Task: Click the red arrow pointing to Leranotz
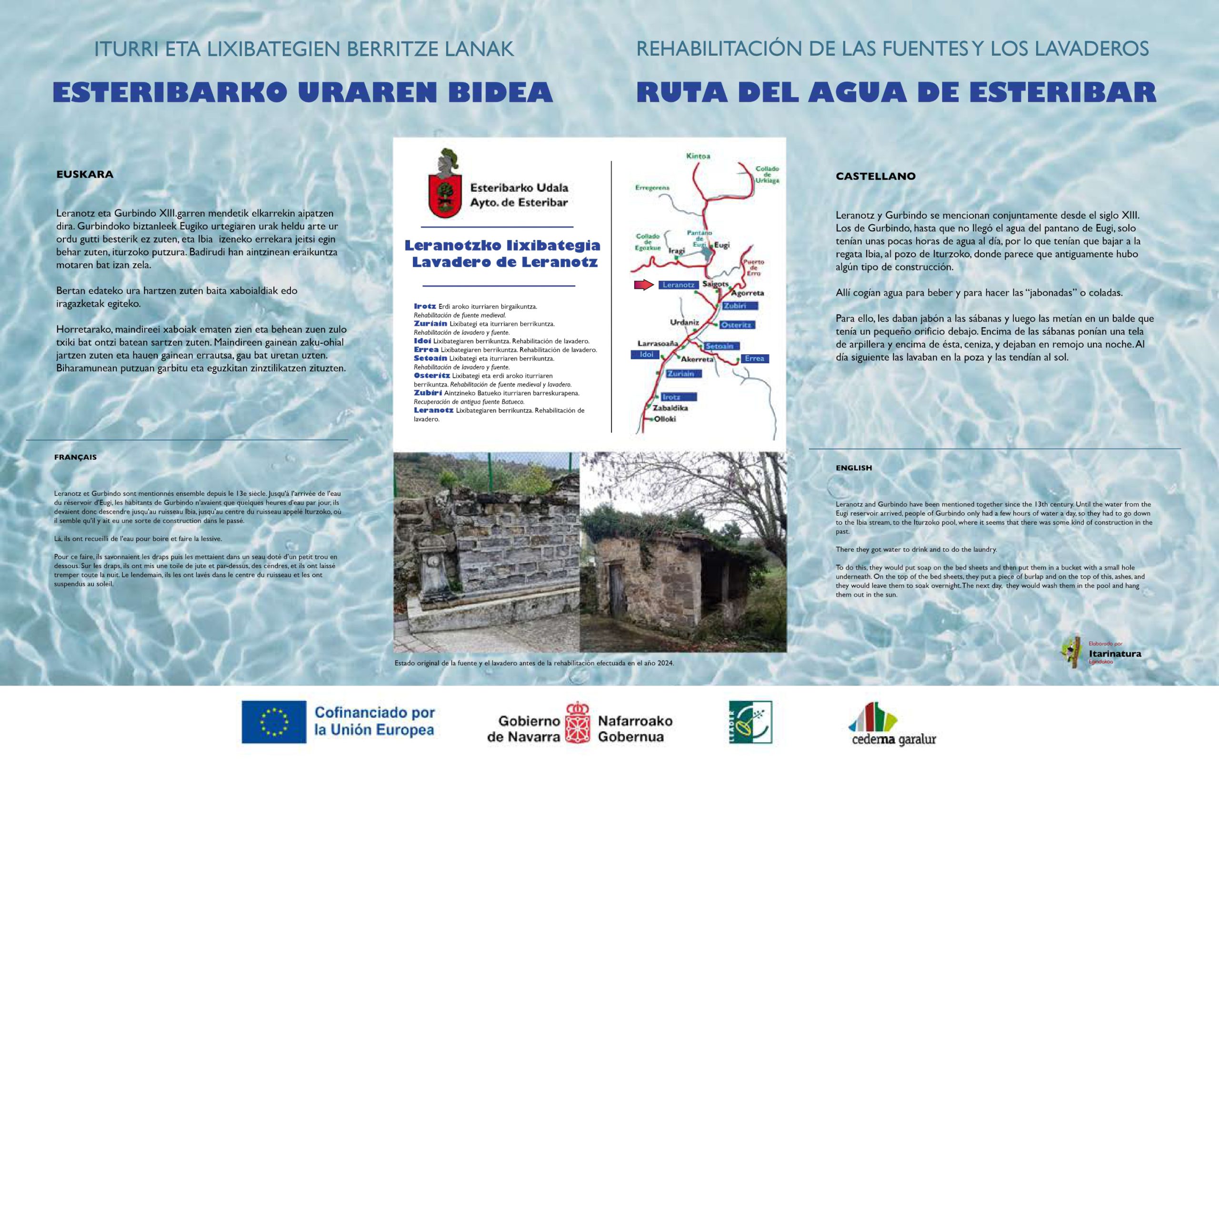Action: (644, 285)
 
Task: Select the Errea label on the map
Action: (754, 359)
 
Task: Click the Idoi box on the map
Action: (646, 355)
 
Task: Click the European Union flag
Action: (274, 722)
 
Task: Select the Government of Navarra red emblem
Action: (577, 722)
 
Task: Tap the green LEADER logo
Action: (750, 722)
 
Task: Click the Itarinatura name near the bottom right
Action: (1115, 654)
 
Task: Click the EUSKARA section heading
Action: (85, 174)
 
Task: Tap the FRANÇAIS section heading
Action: (76, 457)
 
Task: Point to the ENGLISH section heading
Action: (854, 468)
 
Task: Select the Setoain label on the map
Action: (719, 346)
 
